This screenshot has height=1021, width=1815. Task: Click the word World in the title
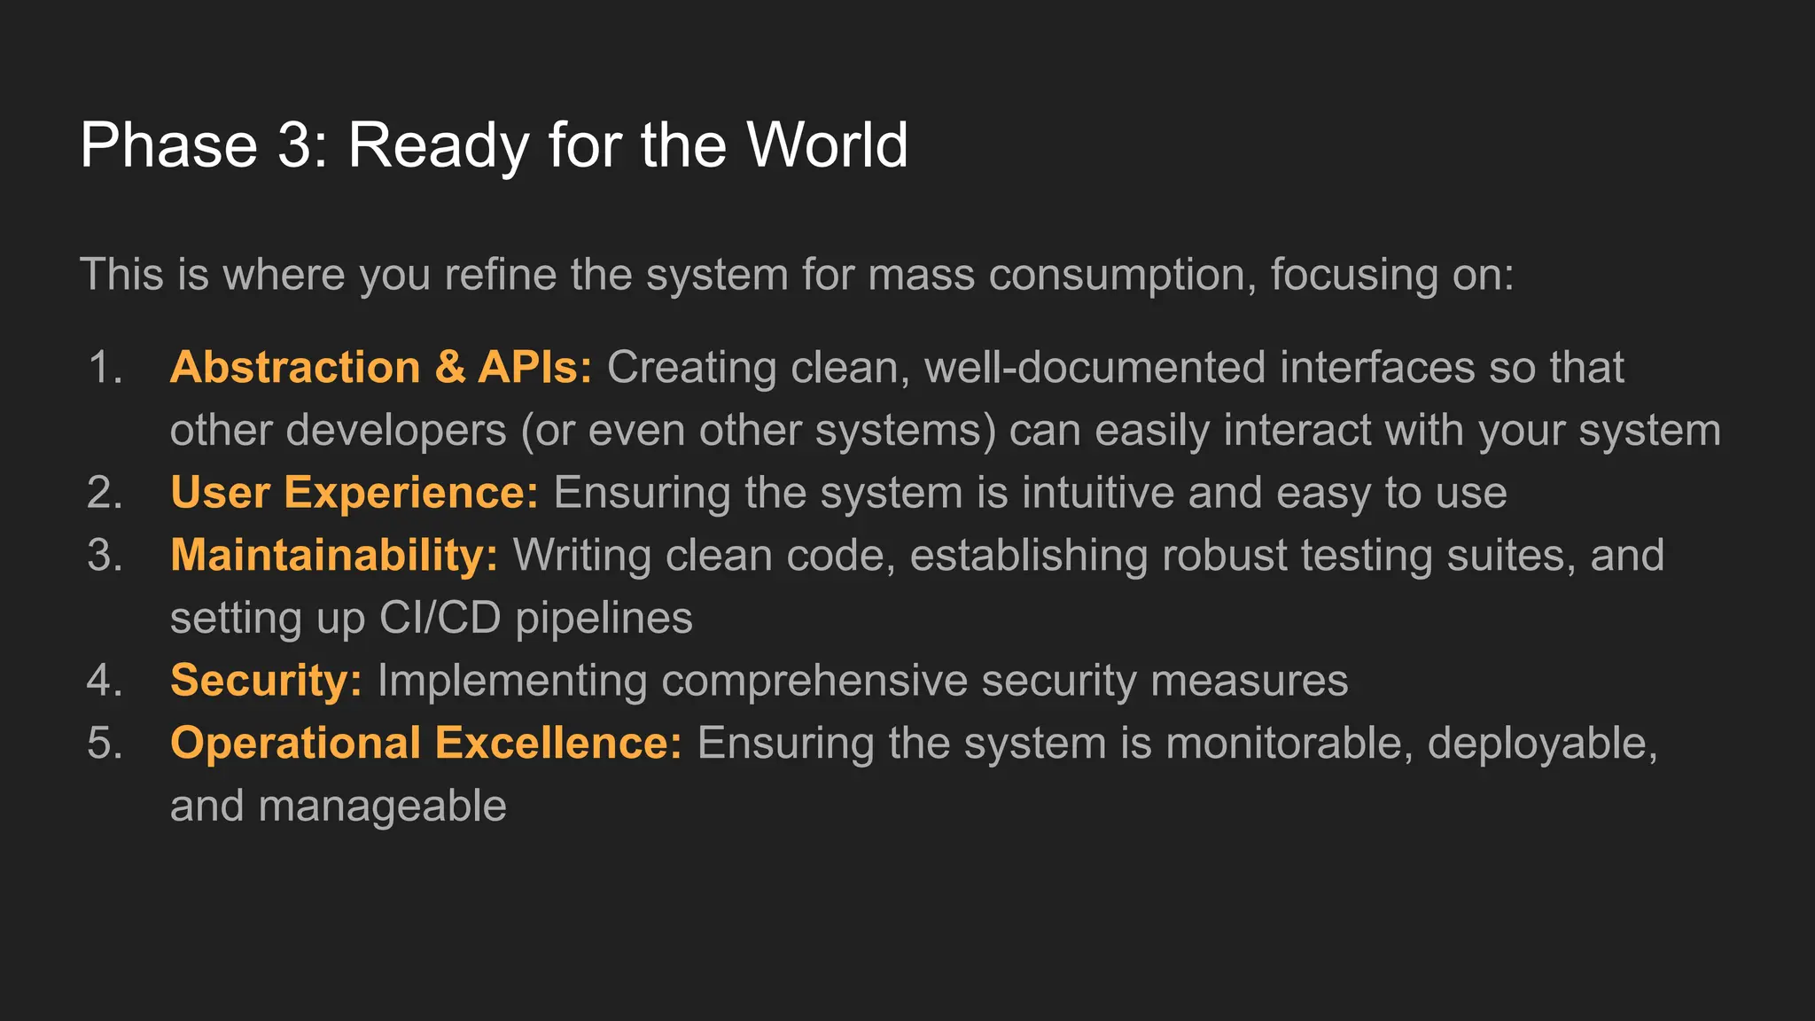827,144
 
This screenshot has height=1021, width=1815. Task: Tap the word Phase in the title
168,144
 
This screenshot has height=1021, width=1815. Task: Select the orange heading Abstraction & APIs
381,367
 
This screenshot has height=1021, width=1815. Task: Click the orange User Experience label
354,493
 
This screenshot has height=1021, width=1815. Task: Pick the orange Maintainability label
334,556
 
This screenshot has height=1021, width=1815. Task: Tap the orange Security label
266,681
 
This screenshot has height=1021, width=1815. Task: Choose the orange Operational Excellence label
426,744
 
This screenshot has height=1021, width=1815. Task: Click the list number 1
105,367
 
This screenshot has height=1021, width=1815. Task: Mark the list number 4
105,681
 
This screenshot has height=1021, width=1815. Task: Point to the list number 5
105,744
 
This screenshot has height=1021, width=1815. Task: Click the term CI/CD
440,618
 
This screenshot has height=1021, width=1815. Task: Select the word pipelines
604,618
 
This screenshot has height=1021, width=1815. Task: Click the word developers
395,431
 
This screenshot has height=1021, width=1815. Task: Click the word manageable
382,807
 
